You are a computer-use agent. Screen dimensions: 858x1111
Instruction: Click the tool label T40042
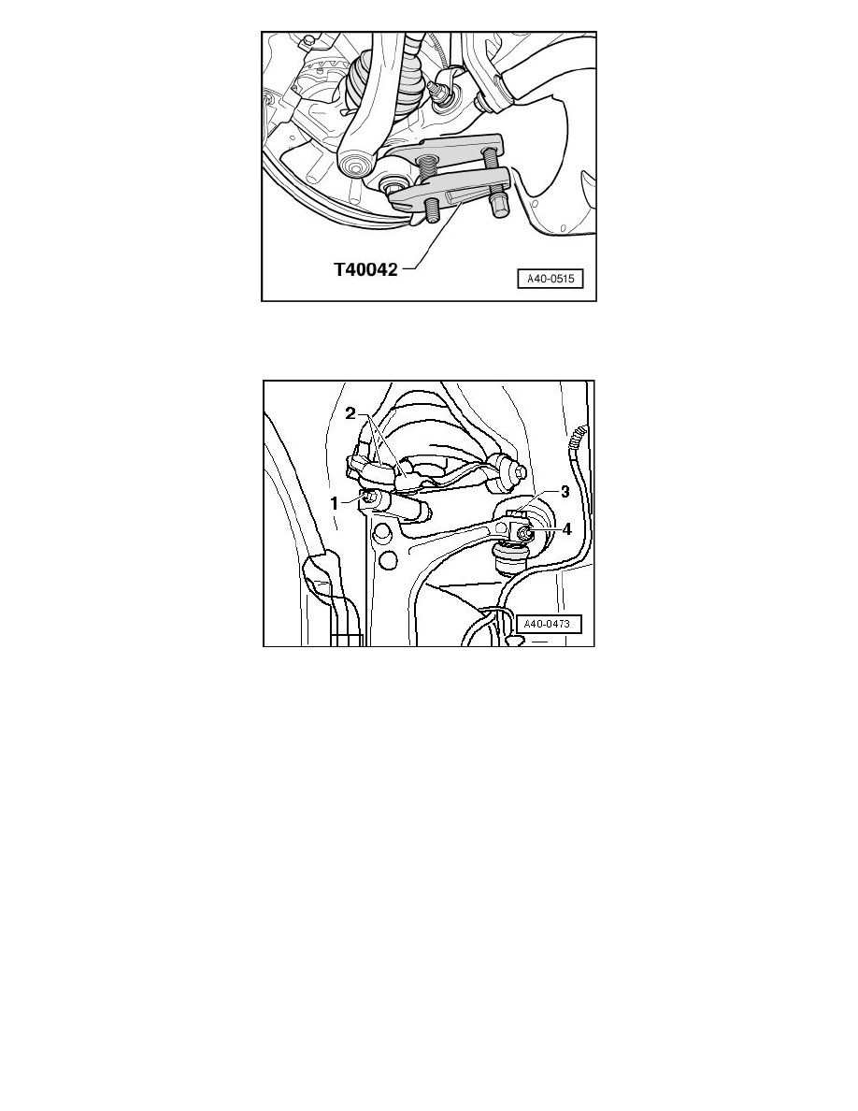pos(366,269)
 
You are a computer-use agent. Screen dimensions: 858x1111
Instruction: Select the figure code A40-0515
pos(551,279)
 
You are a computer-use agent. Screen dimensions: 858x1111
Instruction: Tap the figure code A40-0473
pos(547,624)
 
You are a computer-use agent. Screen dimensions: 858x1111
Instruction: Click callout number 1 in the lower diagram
pos(335,503)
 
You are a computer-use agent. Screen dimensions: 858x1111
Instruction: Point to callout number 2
pos(350,413)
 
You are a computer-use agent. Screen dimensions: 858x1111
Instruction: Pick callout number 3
pos(565,492)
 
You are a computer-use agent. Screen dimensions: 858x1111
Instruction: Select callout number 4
pos(566,529)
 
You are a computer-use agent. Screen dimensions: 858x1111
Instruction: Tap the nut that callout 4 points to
pos(524,534)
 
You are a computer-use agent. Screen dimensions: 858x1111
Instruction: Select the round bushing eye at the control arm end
pos(354,166)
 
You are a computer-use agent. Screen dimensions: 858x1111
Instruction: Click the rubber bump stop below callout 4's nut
pos(509,555)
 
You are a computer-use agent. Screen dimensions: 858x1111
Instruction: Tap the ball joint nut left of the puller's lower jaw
pos(390,188)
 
